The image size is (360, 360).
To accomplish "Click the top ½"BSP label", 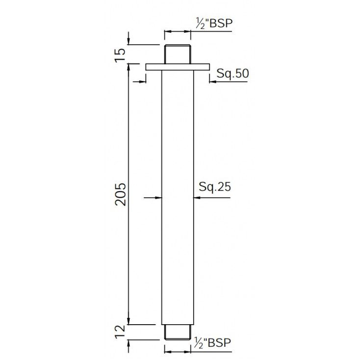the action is tap(214, 23).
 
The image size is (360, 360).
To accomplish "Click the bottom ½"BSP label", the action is tap(212, 343).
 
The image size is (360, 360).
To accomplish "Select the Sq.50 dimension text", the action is tap(233, 74).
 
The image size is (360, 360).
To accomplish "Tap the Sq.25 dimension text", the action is tap(215, 187).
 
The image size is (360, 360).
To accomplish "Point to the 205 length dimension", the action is tap(121, 194).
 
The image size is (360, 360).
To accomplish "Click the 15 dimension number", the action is tap(121, 54).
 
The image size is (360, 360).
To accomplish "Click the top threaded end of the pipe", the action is tap(178, 54).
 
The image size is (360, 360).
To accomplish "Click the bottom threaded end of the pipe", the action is tap(178, 332).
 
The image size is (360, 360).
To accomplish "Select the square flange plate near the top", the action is tap(178, 67).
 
